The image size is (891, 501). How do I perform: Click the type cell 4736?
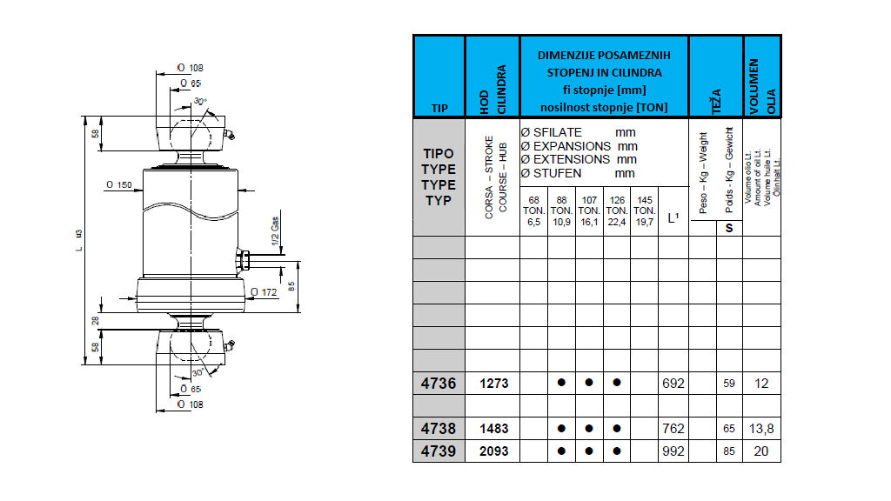tap(439, 383)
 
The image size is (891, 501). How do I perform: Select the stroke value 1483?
tap(493, 429)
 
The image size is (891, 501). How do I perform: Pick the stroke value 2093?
tap(493, 451)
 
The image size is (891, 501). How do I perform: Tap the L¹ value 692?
tap(673, 383)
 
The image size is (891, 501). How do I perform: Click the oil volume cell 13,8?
tap(761, 429)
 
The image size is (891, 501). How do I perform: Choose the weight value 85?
tap(729, 451)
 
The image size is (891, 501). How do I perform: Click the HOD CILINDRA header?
tap(493, 77)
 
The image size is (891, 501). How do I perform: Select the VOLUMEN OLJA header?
tap(761, 77)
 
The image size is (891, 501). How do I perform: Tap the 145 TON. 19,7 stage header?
tap(644, 211)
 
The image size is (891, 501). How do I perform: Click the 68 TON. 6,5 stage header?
tap(533, 211)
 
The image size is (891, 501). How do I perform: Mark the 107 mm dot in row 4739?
tap(589, 451)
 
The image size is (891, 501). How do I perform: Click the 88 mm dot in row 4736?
tap(561, 383)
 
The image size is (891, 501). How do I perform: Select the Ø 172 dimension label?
tap(262, 292)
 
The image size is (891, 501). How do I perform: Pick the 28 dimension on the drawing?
tap(96, 321)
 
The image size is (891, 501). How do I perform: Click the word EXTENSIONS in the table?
tap(572, 159)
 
